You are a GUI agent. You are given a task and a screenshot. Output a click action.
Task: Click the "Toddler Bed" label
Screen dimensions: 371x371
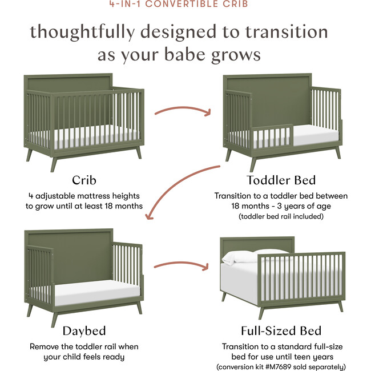click(x=281, y=181)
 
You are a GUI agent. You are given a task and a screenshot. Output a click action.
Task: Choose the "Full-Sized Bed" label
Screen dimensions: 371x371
click(x=280, y=330)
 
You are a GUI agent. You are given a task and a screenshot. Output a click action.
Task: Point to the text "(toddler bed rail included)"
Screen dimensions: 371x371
click(x=281, y=217)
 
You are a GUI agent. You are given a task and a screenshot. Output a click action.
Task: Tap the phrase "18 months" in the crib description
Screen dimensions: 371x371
click(x=123, y=205)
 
